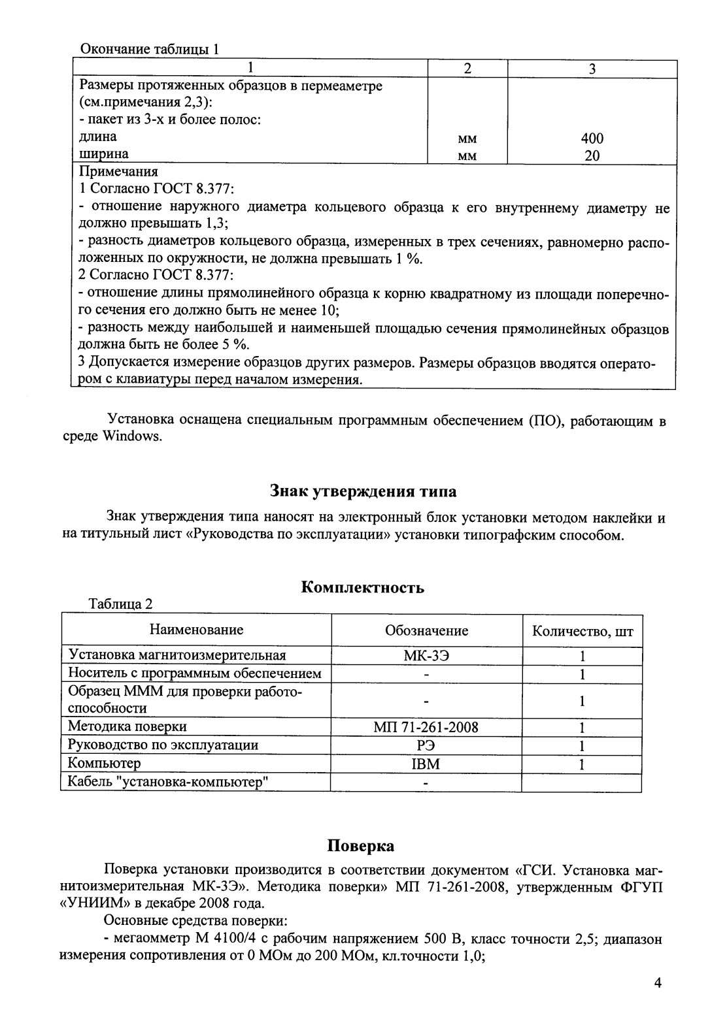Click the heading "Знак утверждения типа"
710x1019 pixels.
click(363, 491)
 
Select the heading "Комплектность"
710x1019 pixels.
click(362, 587)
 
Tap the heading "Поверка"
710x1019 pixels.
click(361, 846)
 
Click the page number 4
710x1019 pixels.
click(658, 983)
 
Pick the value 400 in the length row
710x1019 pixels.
click(592, 138)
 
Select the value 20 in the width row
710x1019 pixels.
click(592, 155)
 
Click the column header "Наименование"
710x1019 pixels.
click(196, 630)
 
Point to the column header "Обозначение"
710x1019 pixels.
click(426, 630)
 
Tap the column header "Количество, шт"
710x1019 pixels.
click(582, 631)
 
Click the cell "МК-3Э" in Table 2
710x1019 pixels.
click(426, 656)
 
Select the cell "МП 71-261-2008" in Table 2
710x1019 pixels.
click(426, 727)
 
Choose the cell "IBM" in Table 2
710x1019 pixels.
click(426, 764)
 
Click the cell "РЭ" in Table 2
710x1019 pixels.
click(426, 745)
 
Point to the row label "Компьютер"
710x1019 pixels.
click(105, 763)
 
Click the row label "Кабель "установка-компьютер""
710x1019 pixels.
click(169, 781)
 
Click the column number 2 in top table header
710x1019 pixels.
click(466, 69)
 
